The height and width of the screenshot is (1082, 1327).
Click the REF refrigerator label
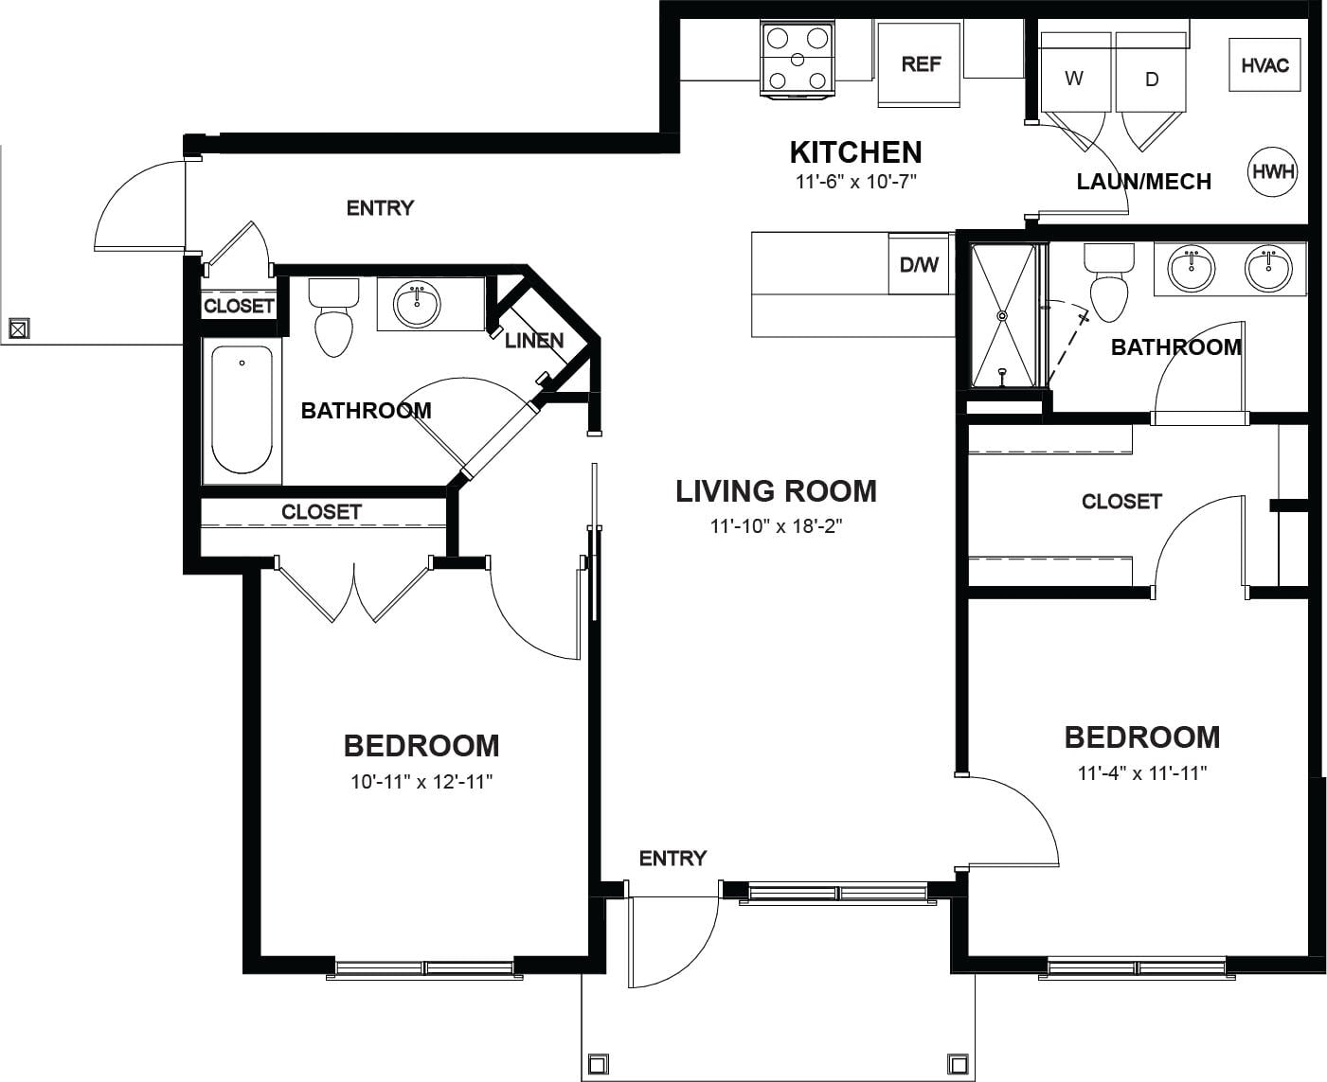point(921,64)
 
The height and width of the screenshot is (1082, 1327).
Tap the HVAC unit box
point(1264,65)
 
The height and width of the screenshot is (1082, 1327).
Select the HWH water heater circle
point(1273,171)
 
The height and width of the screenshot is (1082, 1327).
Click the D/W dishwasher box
point(919,265)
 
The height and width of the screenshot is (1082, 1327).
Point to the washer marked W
point(1075,72)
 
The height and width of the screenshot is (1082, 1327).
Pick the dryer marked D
point(1151,72)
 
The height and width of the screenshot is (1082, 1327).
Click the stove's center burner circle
point(798,60)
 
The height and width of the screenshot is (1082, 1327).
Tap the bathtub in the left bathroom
point(242,410)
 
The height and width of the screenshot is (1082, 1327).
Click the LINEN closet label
point(534,341)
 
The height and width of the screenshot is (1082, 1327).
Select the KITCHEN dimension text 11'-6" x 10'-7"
point(855,182)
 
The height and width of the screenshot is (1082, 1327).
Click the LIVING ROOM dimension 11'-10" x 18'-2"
point(776,525)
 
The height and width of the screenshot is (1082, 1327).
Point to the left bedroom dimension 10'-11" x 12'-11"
point(421,782)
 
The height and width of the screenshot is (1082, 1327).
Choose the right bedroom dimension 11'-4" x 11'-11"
point(1142,772)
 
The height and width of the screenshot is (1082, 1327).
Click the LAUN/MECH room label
point(1144,182)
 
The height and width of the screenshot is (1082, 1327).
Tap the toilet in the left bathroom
point(333,317)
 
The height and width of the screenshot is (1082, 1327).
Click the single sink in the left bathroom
point(417,304)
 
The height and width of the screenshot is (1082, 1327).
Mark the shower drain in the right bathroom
point(1002,315)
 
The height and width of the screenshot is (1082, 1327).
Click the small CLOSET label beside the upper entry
point(239,306)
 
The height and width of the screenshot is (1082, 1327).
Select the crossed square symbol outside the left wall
point(19,328)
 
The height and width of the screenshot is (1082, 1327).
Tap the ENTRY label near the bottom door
point(672,859)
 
